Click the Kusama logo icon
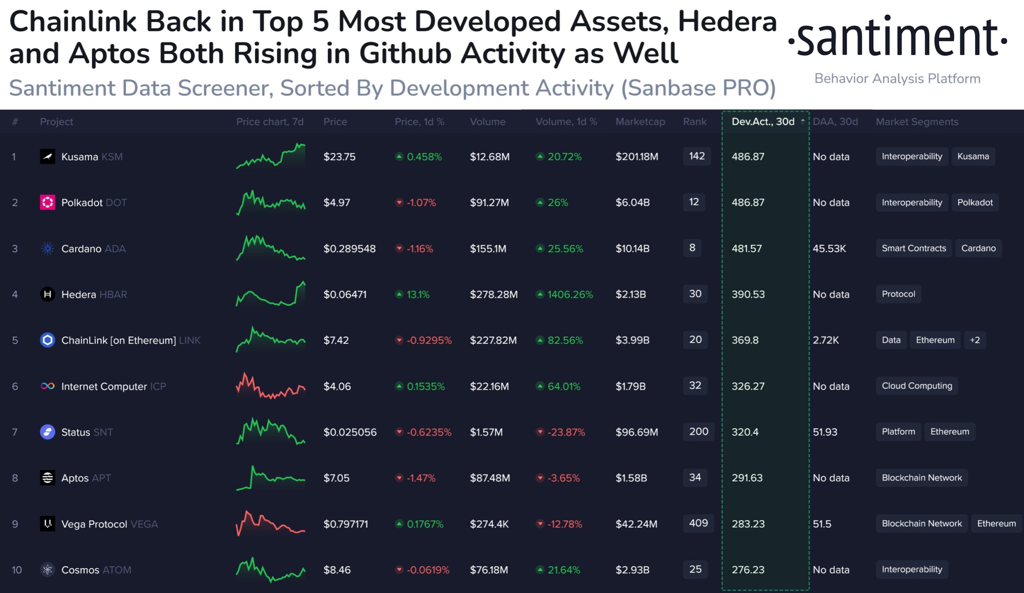48,157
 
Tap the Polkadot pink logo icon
48,202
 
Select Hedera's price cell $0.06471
345,294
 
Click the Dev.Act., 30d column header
763,122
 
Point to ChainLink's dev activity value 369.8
745,340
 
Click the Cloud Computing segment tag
917,386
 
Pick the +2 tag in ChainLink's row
974,340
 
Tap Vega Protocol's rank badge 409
698,523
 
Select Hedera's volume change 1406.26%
570,294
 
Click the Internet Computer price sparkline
271,386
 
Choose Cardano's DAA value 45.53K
829,249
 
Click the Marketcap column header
640,122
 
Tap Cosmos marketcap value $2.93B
632,570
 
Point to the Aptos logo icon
48,478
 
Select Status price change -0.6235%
429,432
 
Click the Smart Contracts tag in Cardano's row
914,248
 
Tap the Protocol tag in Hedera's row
898,293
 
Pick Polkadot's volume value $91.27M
489,202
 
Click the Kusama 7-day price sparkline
271,156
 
